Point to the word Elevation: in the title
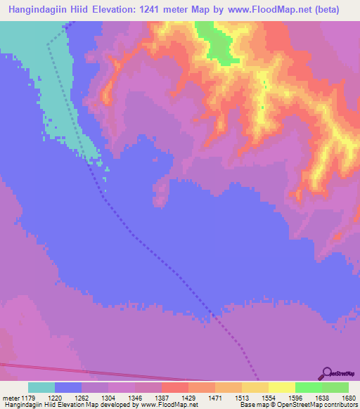(127, 10)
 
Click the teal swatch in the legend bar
(41, 387)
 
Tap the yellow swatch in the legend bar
(281, 387)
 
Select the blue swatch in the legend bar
(68, 387)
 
